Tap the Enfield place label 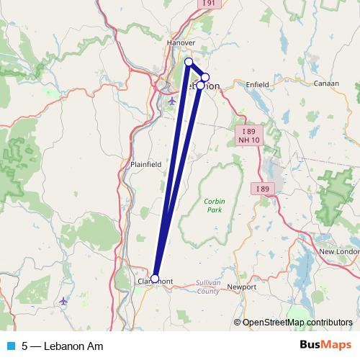pos(257,85)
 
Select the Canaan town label pos(326,84)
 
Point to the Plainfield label pos(146,164)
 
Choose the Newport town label pos(241,287)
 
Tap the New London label pos(339,251)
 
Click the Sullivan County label pos(208,287)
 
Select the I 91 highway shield pos(207,4)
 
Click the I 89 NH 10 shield pos(248,136)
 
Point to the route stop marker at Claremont pos(155,278)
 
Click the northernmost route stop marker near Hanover pos(189,62)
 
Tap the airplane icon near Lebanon pos(171,101)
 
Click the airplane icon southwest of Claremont pos(64,300)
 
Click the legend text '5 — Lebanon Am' pos(62,346)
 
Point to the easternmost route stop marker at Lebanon pos(205,77)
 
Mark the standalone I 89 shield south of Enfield pos(264,189)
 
